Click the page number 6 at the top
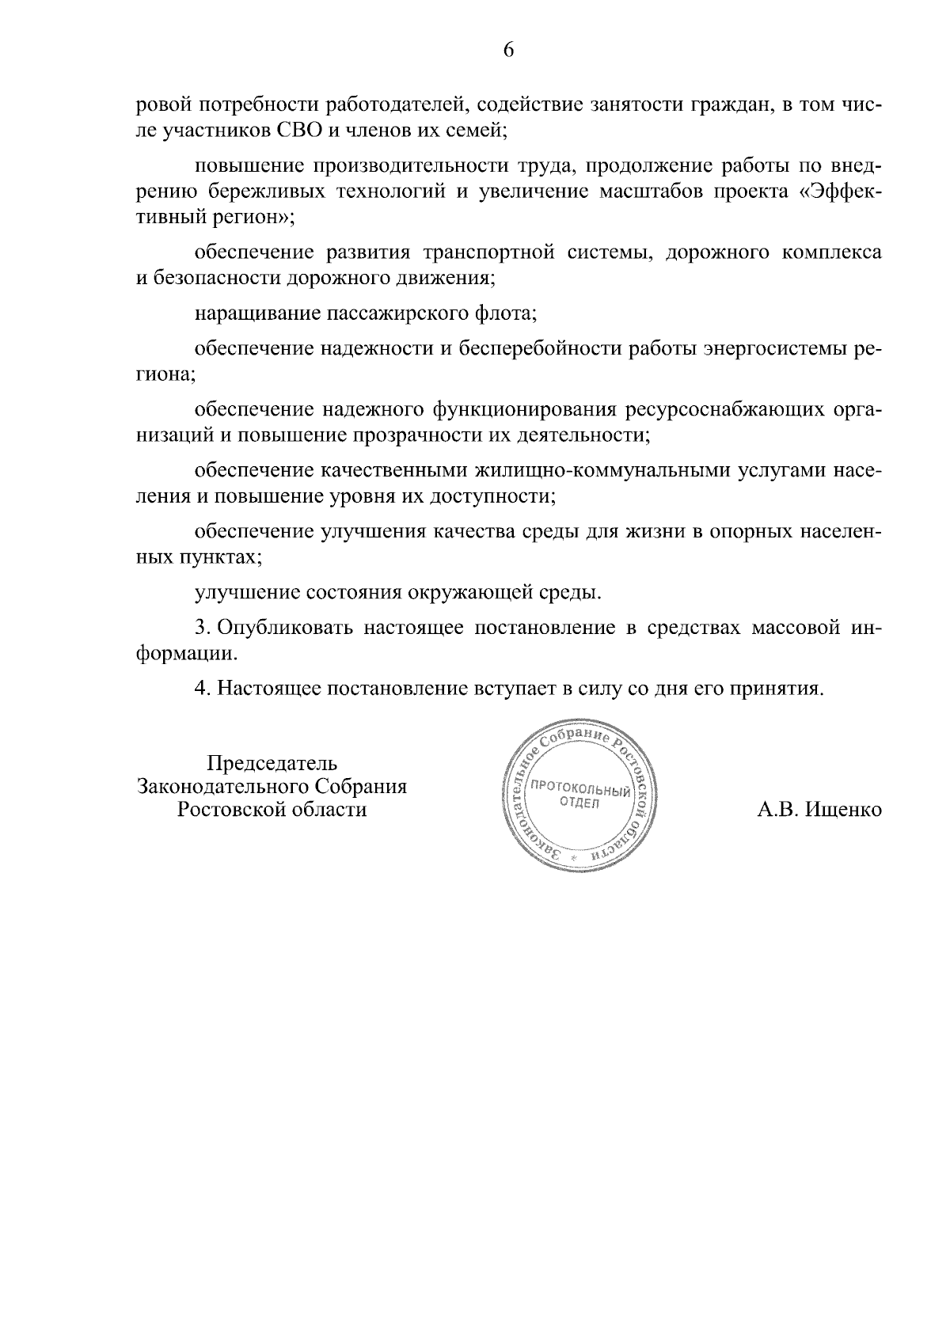pyautogui.click(x=508, y=51)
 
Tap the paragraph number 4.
pyautogui.click(x=202, y=689)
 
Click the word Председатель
pyautogui.click(x=272, y=764)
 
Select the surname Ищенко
pyautogui.click(x=844, y=810)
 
